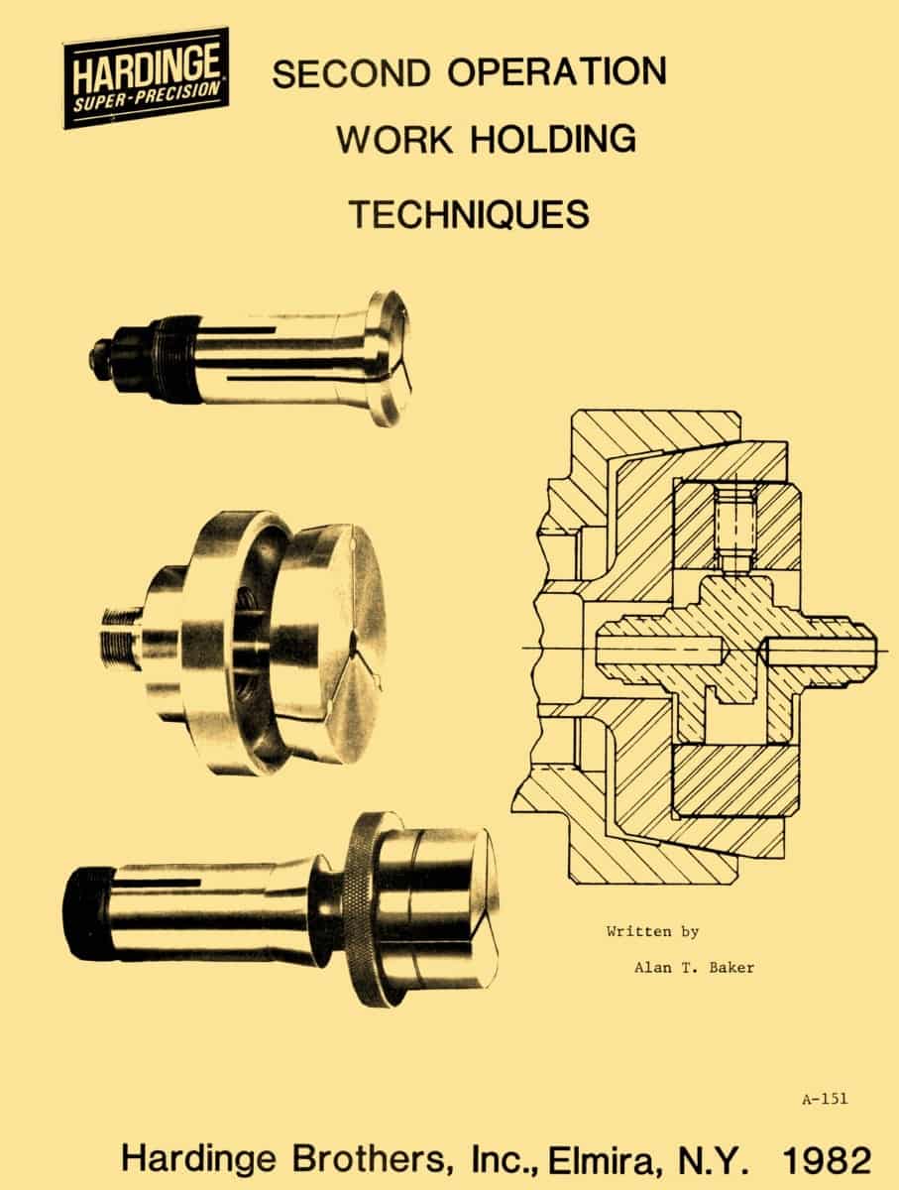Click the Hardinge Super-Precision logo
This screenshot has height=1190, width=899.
pos(147,78)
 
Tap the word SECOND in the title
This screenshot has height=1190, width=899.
pos(350,73)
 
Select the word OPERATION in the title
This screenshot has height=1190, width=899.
pos(557,71)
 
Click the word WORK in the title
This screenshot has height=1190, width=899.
pos(394,140)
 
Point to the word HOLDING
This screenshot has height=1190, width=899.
pos(553,139)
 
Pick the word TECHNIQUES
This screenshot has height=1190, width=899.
pos(469,214)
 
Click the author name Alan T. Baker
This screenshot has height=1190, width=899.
pos(694,968)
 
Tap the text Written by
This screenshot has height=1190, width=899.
pos(652,932)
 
